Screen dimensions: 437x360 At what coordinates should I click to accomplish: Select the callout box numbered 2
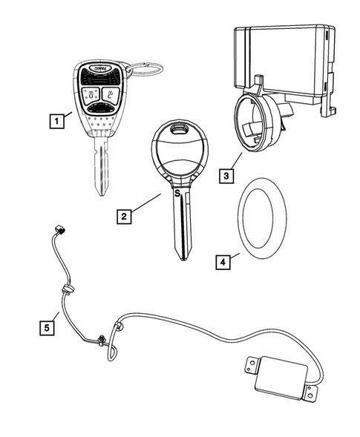126,217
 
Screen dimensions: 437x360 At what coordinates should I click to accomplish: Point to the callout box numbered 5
48,326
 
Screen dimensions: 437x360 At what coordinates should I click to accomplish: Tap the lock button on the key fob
90,93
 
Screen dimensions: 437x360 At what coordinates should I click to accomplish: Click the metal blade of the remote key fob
99,167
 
